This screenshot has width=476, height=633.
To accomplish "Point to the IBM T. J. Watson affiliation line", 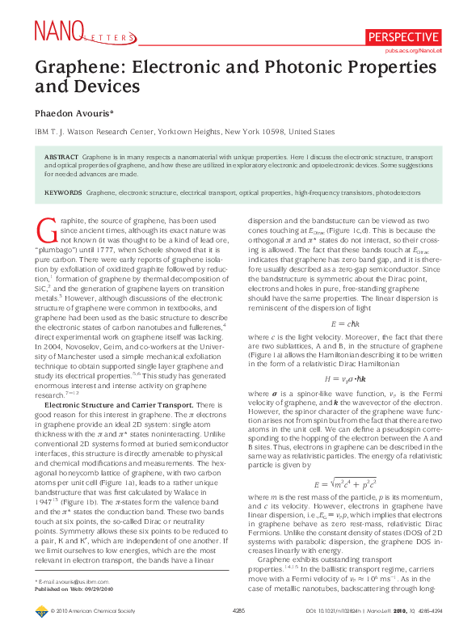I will pyautogui.click(x=184, y=131).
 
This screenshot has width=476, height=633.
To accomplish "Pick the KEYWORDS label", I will pyautogui.click(x=64, y=192).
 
